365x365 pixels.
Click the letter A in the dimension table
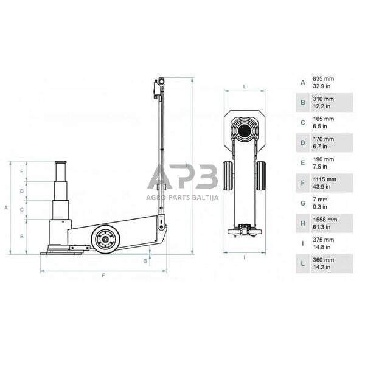click(302, 83)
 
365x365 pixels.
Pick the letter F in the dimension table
click(302, 183)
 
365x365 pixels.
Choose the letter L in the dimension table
click(302, 263)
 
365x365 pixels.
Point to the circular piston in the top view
click(245, 130)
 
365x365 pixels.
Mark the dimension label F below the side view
click(103, 276)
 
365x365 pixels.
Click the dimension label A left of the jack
click(5, 207)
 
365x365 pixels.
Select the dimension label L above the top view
click(244, 87)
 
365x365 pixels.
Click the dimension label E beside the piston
click(21, 172)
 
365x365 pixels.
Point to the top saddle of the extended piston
click(60, 162)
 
